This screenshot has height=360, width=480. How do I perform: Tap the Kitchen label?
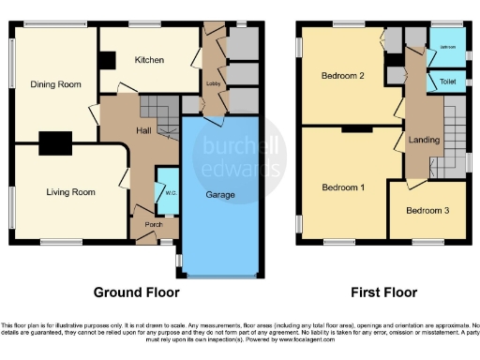click(x=149, y=60)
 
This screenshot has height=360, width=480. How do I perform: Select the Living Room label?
click(x=71, y=192)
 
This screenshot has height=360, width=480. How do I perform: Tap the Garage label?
click(x=220, y=195)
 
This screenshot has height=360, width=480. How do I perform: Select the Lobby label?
click(x=213, y=83)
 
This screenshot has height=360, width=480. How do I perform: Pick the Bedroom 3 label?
click(x=427, y=210)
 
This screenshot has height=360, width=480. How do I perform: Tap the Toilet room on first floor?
click(x=445, y=82)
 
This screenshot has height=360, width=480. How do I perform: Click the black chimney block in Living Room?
click(x=54, y=142)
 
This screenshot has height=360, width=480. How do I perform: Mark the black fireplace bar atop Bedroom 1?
click(x=353, y=127)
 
